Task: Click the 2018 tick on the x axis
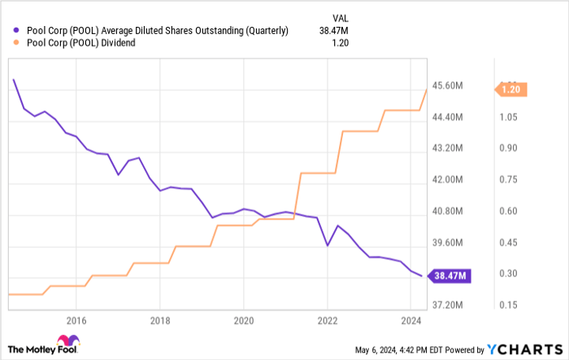coord(160,320)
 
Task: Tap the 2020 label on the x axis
coord(244,320)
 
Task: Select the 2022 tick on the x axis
coord(328,320)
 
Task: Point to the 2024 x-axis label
coord(411,320)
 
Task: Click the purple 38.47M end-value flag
coord(451,275)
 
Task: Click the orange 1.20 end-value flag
coord(510,90)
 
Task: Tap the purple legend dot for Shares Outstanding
coord(18,32)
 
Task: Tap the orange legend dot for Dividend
coord(18,43)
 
